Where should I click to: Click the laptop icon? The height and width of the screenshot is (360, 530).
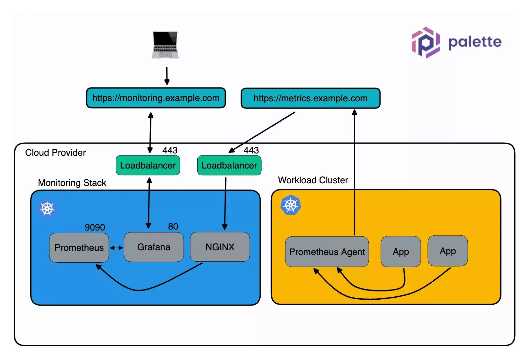[165, 45]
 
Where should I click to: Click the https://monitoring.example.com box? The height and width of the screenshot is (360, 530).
[156, 98]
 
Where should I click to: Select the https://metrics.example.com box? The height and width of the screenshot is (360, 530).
[310, 98]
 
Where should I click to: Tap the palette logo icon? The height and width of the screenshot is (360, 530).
[426, 43]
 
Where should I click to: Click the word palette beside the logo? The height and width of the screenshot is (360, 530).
[475, 42]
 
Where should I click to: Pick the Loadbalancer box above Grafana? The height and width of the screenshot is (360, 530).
[148, 165]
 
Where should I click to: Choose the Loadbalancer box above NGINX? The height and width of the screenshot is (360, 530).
[229, 165]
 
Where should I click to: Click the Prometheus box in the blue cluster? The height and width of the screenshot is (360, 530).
[79, 248]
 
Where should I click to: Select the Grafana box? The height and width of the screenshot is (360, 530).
[154, 247]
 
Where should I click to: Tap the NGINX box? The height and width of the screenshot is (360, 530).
[220, 247]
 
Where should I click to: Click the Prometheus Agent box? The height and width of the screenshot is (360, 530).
[327, 251]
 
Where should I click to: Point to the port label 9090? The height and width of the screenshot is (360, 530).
[95, 227]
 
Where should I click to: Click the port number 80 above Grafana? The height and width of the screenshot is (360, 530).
[173, 226]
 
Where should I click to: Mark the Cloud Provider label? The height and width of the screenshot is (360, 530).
[55, 152]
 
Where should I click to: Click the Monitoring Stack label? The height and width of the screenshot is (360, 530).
[72, 183]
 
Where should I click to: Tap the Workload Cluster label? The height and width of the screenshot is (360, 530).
[313, 180]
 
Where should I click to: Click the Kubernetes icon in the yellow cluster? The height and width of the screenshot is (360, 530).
[291, 205]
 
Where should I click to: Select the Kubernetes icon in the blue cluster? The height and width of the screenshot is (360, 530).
[48, 209]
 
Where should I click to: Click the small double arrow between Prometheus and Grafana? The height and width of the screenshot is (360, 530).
[116, 248]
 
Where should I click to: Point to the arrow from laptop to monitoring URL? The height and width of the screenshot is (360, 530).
[167, 76]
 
